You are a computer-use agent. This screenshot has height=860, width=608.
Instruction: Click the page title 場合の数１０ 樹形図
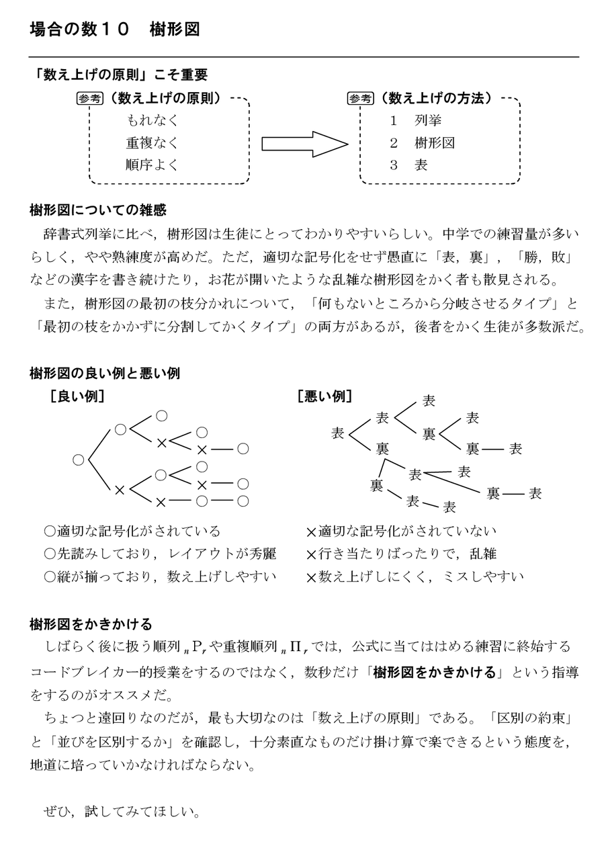115,30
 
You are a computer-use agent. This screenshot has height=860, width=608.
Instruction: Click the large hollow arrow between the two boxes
304,144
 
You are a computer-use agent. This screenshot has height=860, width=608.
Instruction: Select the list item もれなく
153,121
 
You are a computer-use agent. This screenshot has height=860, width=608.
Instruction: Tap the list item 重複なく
153,143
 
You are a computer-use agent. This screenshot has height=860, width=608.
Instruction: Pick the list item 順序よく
153,165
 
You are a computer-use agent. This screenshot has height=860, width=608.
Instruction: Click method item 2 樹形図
423,143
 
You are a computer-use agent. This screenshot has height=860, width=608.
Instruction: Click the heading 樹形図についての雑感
98,210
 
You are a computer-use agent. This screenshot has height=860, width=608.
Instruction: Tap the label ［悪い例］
324,396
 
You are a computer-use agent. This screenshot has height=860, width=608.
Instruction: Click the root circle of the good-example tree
79,460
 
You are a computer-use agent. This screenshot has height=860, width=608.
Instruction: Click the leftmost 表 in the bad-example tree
338,433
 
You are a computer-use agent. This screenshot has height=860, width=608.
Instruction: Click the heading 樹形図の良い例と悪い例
105,373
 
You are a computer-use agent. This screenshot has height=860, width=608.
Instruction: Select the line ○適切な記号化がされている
132,531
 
